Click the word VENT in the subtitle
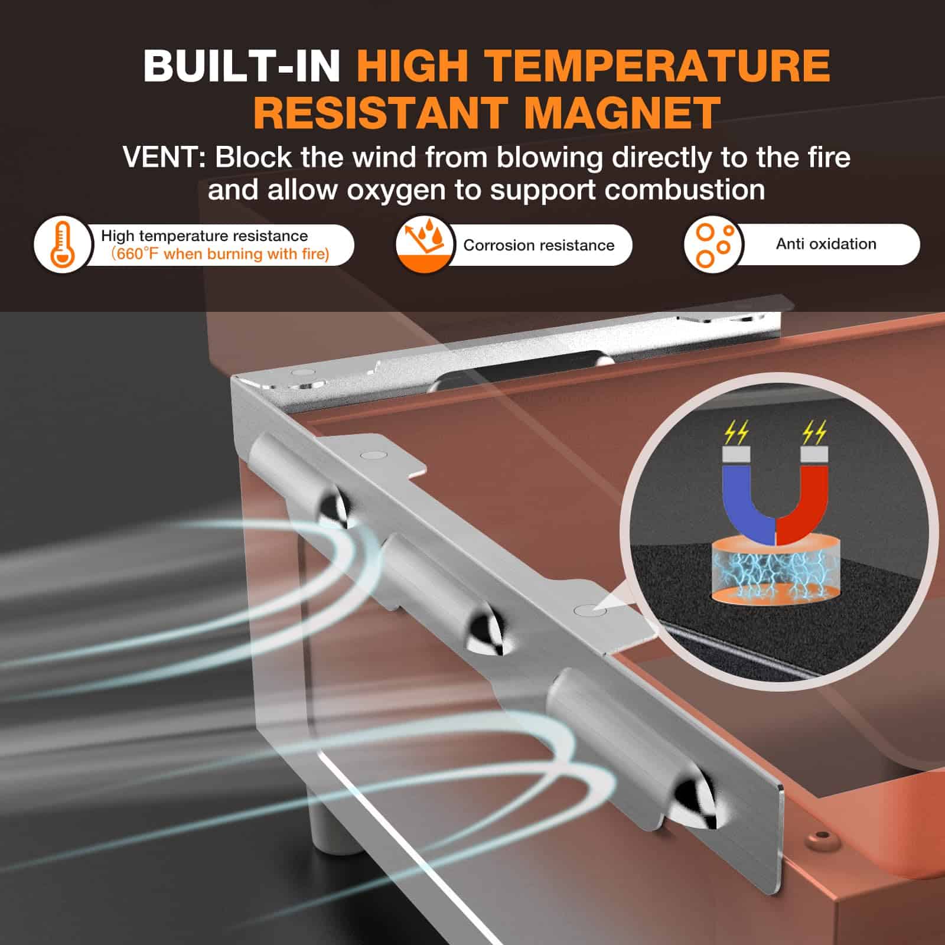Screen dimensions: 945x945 (159, 158)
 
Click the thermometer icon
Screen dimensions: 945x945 (63, 245)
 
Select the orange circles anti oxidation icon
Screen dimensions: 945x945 (714, 244)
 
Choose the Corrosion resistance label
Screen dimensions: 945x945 (539, 245)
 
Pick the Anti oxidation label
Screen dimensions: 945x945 (826, 244)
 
